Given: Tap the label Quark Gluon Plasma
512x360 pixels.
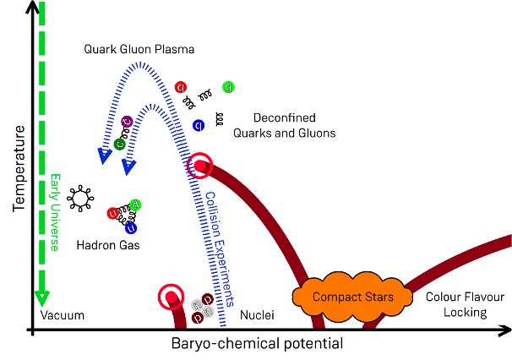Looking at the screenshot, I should tap(139, 50).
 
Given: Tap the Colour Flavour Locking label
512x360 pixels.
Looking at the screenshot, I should tap(457, 304).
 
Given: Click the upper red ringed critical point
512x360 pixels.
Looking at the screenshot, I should tap(200, 166).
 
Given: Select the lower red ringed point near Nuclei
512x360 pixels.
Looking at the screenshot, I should tap(172, 297).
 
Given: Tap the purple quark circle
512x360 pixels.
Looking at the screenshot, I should tap(127, 123).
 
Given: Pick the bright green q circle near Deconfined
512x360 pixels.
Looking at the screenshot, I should tap(228, 87).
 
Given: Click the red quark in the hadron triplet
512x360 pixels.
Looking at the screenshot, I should tap(112, 214).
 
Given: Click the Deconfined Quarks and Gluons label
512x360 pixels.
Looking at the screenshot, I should tap(294, 125).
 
